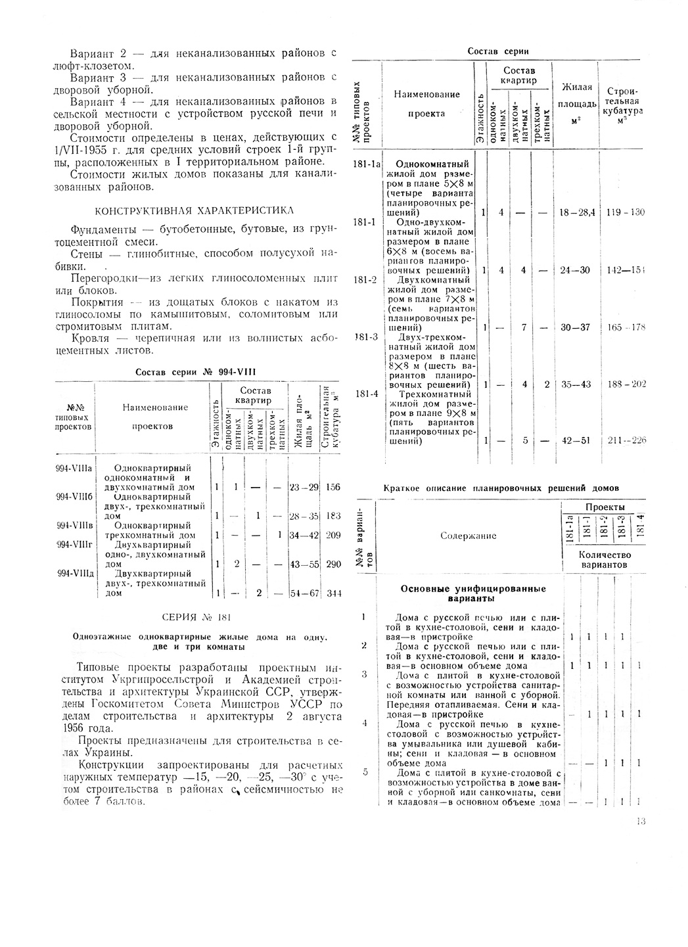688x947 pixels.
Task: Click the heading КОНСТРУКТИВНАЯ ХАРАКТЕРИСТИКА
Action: pos(195,210)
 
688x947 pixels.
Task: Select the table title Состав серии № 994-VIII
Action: pos(195,372)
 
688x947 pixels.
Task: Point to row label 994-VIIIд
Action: pos(74,572)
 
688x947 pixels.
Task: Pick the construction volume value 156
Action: pos(333,488)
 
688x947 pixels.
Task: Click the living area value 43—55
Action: pos(304,565)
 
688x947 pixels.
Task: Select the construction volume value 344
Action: pos(334,593)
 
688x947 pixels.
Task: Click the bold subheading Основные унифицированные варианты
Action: pos(473,593)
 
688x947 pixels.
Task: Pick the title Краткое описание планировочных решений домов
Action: pos(501,488)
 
